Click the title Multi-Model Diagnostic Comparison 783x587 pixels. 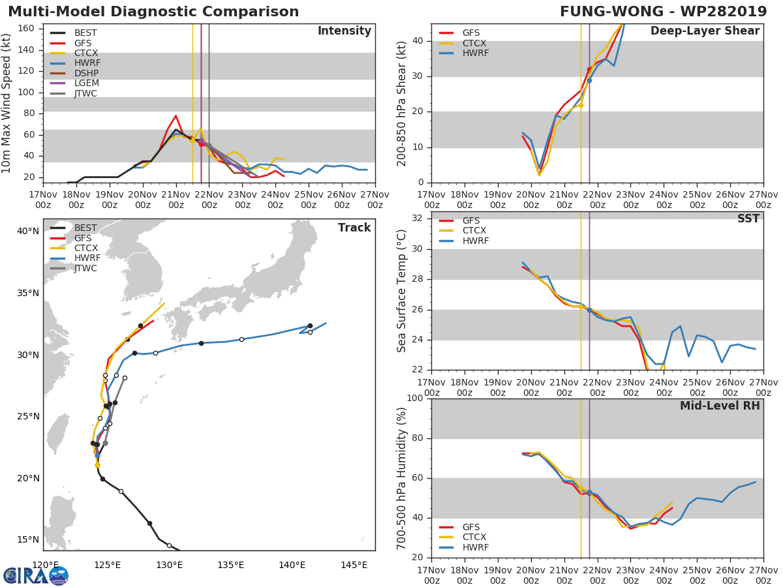click(x=153, y=12)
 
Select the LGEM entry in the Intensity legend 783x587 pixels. click(x=85, y=83)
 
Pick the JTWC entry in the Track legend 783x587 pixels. click(x=85, y=269)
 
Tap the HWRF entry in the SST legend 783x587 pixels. click(x=476, y=241)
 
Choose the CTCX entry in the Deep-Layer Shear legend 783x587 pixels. click(x=476, y=43)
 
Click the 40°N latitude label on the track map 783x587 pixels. click(x=28, y=232)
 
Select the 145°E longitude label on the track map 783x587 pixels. click(x=354, y=565)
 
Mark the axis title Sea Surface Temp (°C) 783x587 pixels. click(x=402, y=291)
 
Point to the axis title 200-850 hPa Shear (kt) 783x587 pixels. click(x=402, y=103)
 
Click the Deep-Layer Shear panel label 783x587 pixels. click(x=705, y=31)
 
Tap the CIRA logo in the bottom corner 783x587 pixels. click(x=35, y=575)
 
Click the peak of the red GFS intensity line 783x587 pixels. click(x=176, y=115)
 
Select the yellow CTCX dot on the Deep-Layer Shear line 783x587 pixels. click(x=580, y=105)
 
